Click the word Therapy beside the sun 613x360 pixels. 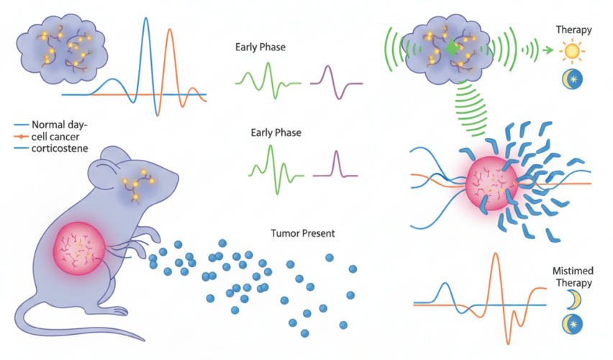(573, 30)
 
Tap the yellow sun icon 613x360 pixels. (573, 52)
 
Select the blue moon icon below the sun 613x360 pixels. (572, 80)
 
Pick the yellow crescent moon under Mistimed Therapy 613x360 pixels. (573, 300)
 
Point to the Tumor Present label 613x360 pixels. (303, 234)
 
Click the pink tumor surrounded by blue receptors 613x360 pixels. (492, 182)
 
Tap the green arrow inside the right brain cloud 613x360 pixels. (450, 48)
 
